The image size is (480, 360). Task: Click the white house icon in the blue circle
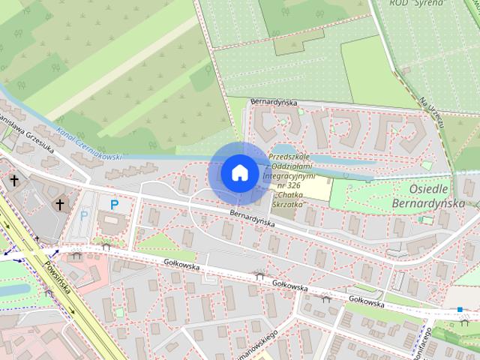[x=239, y=172]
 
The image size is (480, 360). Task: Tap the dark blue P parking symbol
[x=114, y=204]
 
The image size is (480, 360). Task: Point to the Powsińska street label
[x=56, y=273]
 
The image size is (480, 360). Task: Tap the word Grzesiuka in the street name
[x=37, y=139]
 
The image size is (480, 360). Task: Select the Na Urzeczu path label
[x=433, y=113]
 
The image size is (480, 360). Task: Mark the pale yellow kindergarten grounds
[x=318, y=188]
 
